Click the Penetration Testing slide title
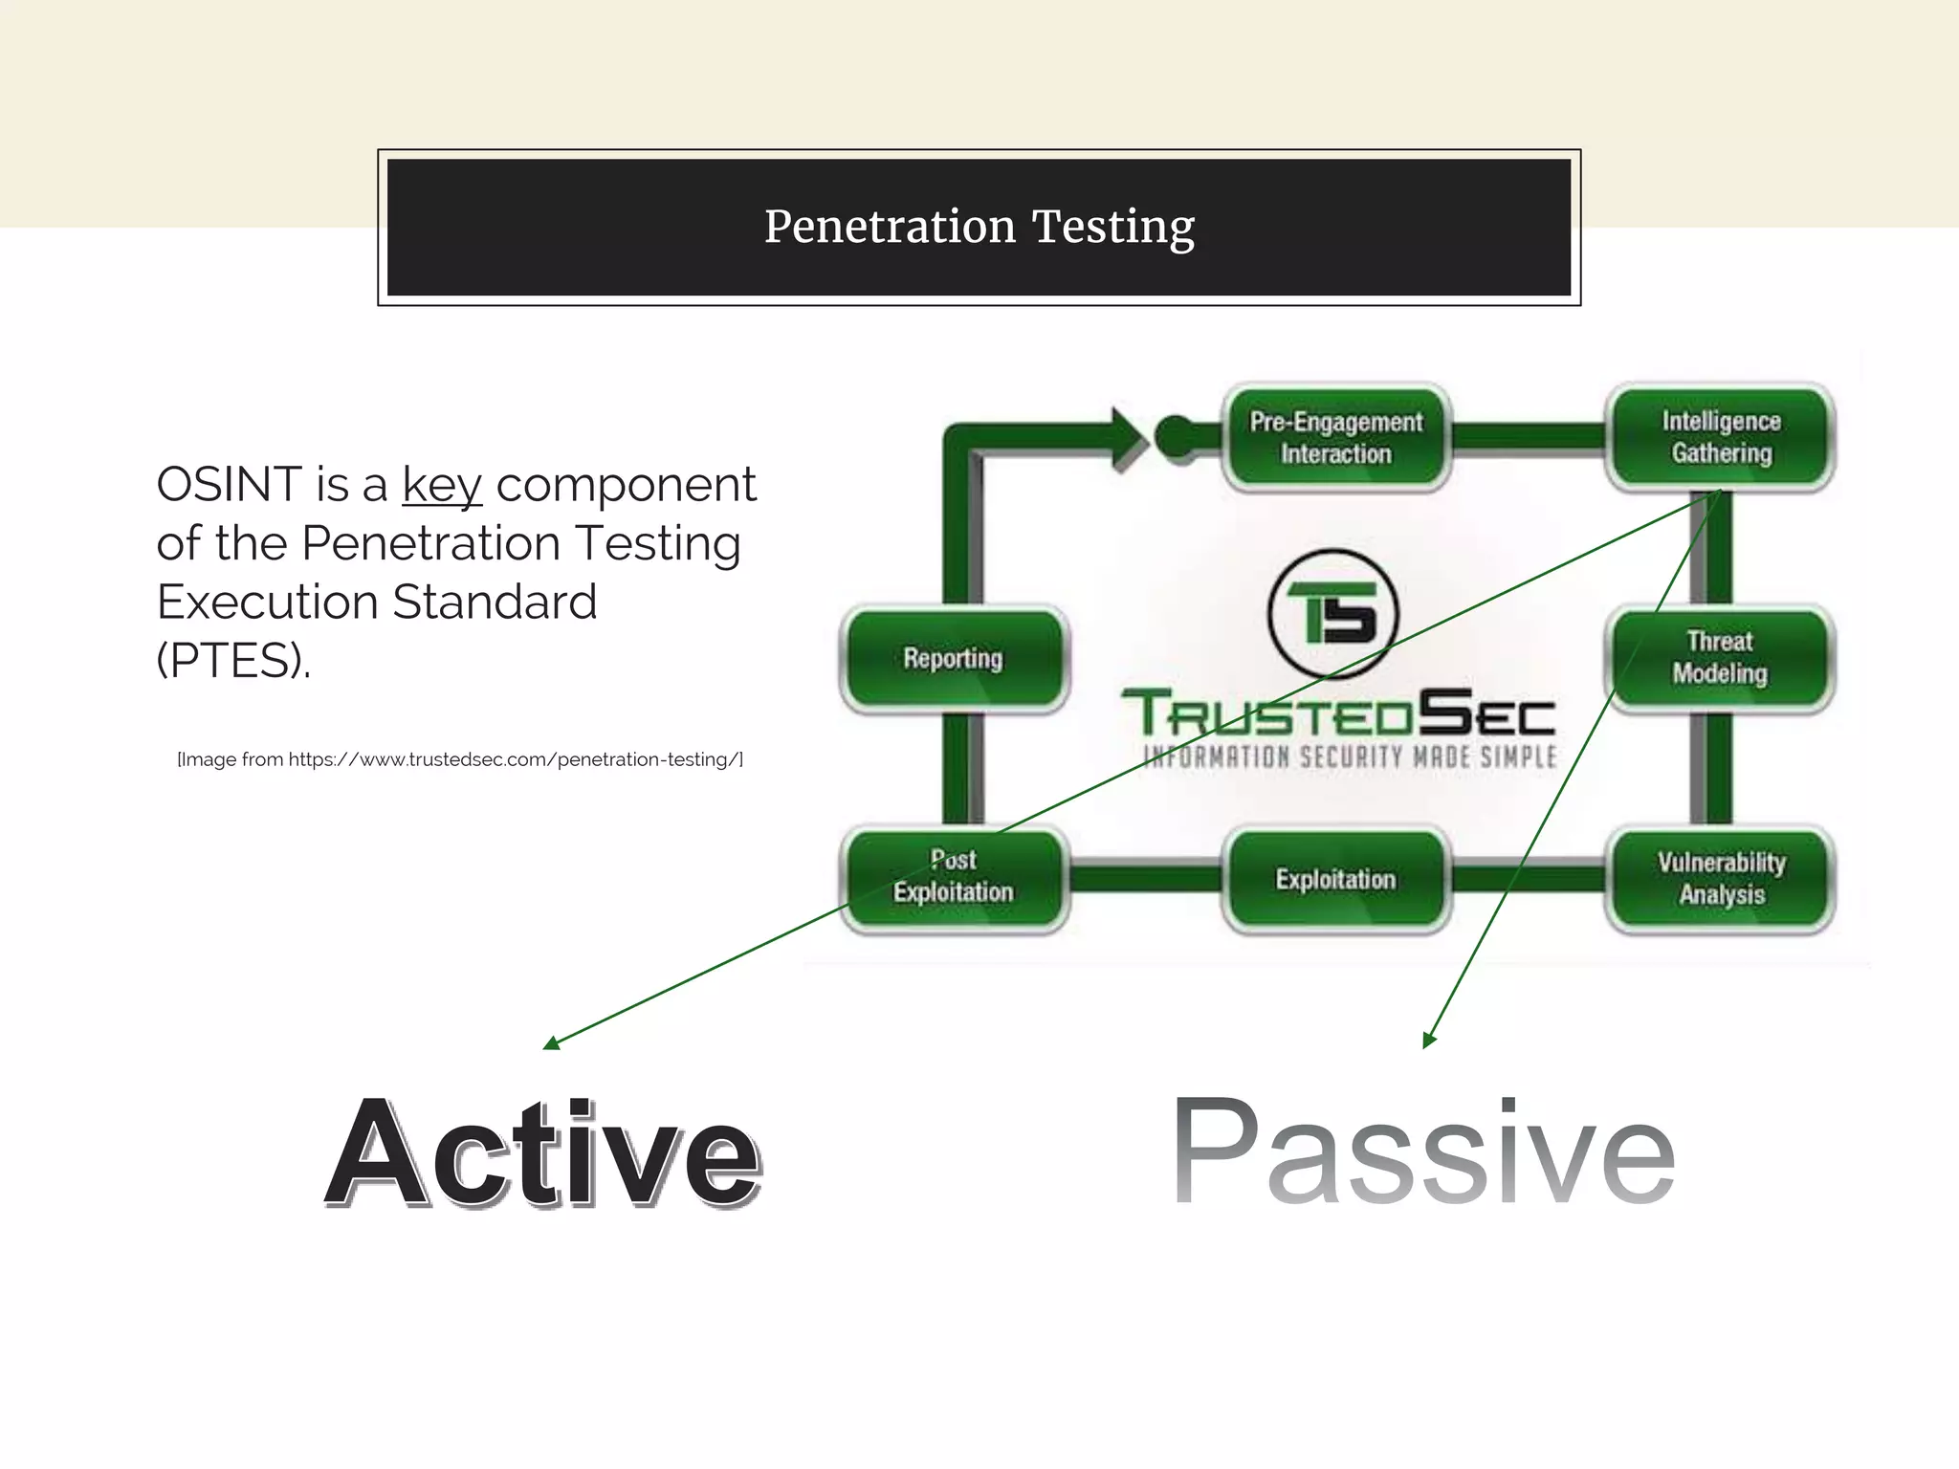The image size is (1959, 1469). (x=979, y=228)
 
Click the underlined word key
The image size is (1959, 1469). (x=441, y=484)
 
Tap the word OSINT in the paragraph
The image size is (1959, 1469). (x=229, y=484)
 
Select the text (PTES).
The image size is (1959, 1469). (x=233, y=660)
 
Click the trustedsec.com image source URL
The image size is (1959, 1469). (x=515, y=759)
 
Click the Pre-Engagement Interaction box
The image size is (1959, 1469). (x=1336, y=438)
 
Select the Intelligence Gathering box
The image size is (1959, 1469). (x=1721, y=437)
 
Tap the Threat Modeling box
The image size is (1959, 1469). (x=1720, y=658)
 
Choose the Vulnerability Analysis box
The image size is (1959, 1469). (x=1721, y=878)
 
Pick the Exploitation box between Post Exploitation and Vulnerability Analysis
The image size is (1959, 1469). (x=1336, y=879)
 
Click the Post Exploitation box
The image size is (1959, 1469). (x=954, y=877)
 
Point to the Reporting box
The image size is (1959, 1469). (x=954, y=658)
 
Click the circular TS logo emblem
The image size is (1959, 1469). (x=1332, y=614)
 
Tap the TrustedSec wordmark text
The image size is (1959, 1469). (x=1338, y=713)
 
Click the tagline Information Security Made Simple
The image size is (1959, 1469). (x=1350, y=757)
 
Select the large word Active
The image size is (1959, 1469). (x=542, y=1153)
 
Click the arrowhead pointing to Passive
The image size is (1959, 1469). (x=1428, y=1041)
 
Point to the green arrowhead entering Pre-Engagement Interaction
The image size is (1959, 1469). (x=1130, y=439)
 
